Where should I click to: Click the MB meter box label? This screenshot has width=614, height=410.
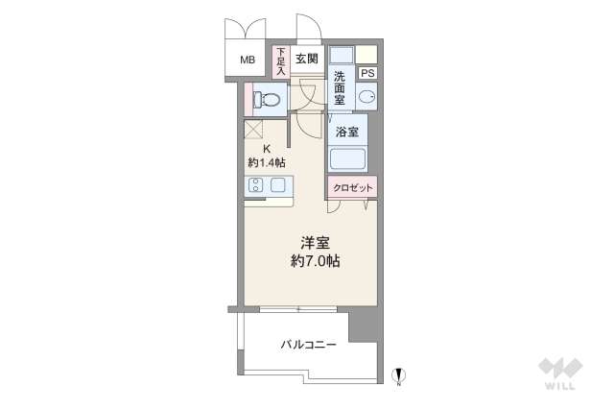[248, 60]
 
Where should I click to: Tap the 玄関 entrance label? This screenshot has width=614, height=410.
[307, 59]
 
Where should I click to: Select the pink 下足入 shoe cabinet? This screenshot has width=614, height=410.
[281, 61]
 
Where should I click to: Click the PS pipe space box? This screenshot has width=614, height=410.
[367, 73]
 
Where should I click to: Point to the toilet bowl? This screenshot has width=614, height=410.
[267, 100]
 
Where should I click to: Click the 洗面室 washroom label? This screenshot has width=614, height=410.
[340, 88]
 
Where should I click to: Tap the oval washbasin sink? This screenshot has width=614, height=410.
[366, 96]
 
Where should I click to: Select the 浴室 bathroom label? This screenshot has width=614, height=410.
[347, 132]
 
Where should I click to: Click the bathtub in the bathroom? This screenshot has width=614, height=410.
[347, 158]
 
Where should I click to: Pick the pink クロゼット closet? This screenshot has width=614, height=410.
[352, 188]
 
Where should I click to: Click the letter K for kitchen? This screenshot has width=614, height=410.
[267, 149]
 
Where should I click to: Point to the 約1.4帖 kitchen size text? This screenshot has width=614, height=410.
[267, 162]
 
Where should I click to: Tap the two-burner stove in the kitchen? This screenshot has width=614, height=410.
[255, 185]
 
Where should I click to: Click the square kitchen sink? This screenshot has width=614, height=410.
[277, 185]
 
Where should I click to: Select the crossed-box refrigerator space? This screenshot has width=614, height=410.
[253, 130]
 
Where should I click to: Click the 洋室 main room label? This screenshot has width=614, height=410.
[315, 243]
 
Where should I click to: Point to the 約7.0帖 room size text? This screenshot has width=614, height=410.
[315, 260]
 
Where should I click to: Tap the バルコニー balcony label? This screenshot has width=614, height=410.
[308, 345]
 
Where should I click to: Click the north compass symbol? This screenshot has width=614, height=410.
[399, 376]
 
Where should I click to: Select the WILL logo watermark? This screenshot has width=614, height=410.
[560, 374]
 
